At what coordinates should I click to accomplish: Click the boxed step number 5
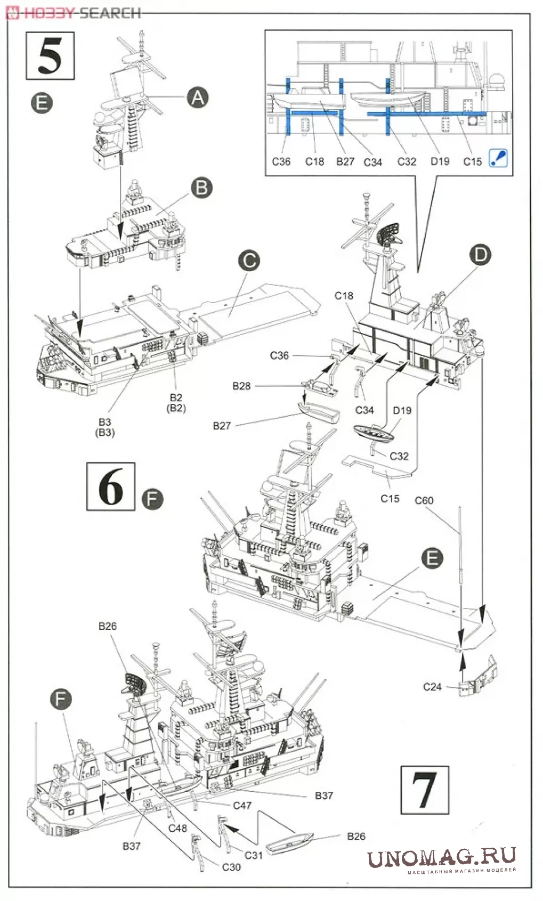[x=50, y=56]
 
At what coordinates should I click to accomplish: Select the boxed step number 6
[x=111, y=486]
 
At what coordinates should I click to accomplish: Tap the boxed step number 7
[x=424, y=790]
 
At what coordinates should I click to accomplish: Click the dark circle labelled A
[x=198, y=98]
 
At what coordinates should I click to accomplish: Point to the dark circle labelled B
[x=201, y=188]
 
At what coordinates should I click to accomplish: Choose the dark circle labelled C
[x=248, y=261]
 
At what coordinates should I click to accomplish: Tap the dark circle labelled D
[x=480, y=255]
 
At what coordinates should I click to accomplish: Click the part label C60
[x=424, y=500]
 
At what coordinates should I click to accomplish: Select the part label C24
[x=432, y=687]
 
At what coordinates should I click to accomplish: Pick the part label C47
[x=242, y=805]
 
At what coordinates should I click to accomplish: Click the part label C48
[x=177, y=828]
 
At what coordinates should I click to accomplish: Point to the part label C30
[x=231, y=867]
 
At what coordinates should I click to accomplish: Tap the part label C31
[x=254, y=855]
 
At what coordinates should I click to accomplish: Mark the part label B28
[x=241, y=386]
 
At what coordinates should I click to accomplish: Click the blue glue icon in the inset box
[x=498, y=158]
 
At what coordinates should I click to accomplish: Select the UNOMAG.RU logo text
[x=441, y=857]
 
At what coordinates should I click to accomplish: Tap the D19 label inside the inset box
[x=440, y=161]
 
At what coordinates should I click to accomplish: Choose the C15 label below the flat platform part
[x=390, y=498]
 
